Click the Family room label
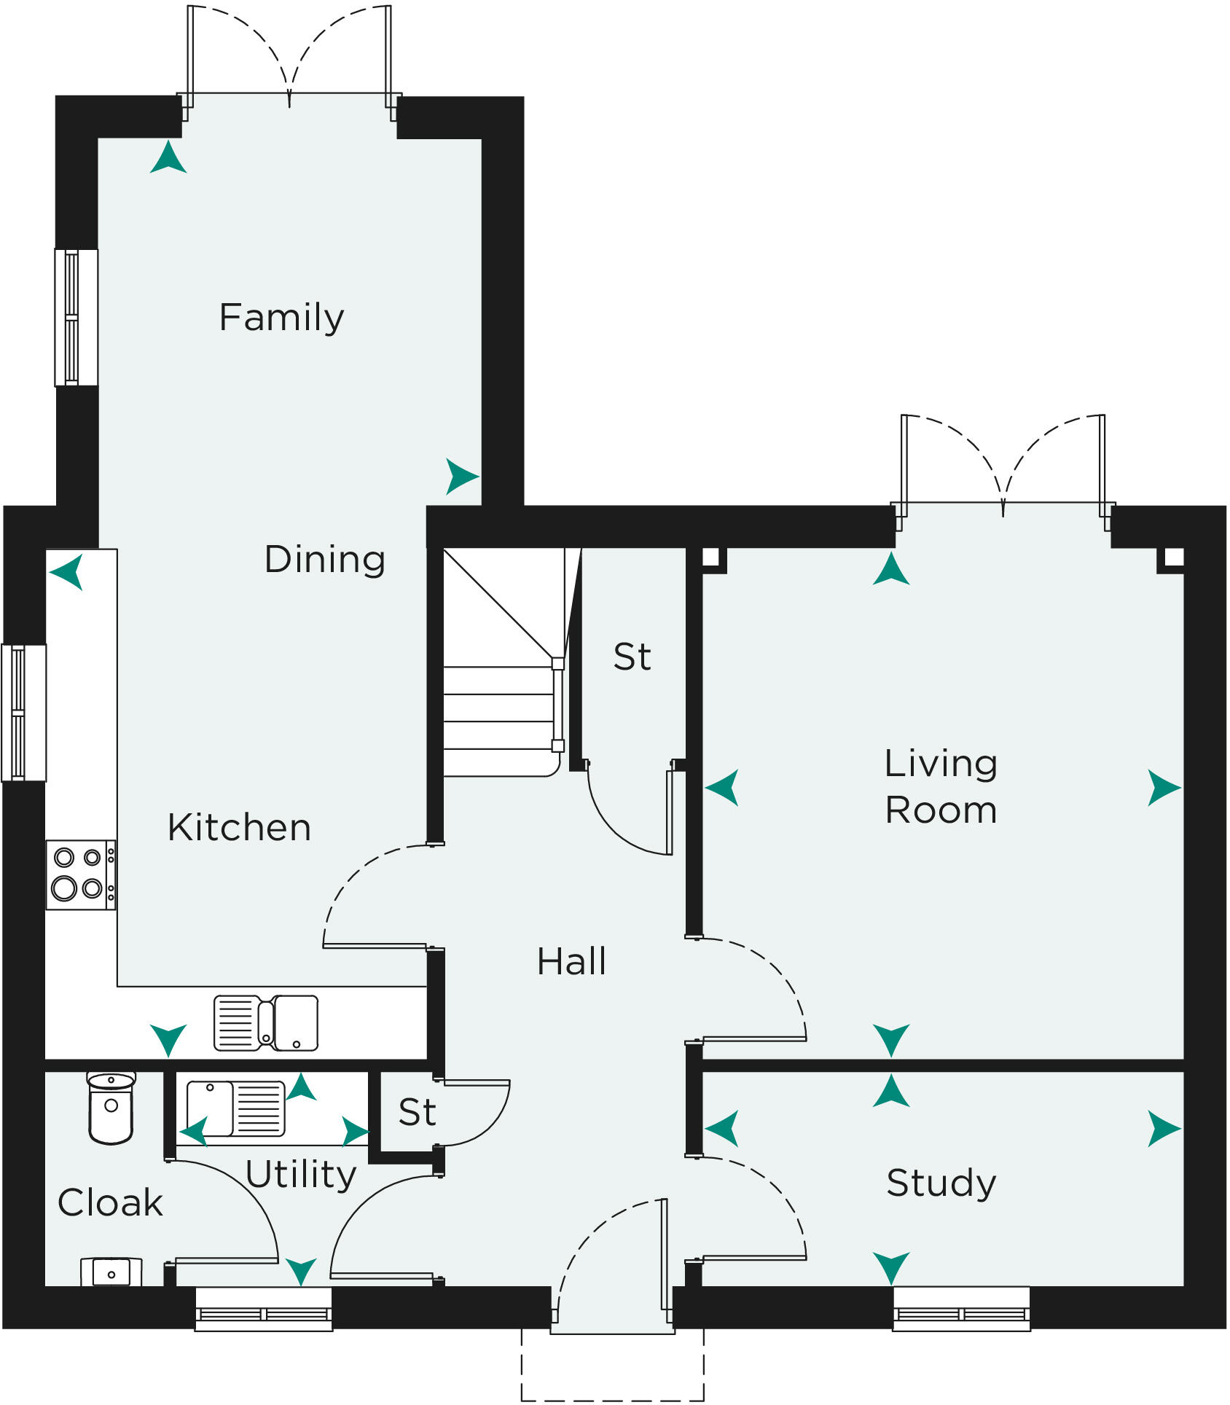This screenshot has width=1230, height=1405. (x=281, y=318)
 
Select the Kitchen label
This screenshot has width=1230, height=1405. (x=239, y=828)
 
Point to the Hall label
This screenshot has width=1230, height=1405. (x=571, y=962)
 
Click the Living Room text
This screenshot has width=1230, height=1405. (x=941, y=787)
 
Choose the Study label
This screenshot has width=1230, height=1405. (x=941, y=1183)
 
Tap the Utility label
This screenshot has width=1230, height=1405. (x=301, y=1175)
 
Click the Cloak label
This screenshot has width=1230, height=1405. (x=110, y=1203)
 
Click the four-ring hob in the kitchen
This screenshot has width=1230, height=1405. (x=81, y=874)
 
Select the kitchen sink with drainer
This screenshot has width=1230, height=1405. (x=266, y=1023)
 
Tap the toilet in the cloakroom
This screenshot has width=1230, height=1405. (x=111, y=1107)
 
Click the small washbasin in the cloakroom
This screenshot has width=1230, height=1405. (x=111, y=1272)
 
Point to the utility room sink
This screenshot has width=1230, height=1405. (x=235, y=1108)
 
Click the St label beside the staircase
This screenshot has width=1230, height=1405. (x=632, y=657)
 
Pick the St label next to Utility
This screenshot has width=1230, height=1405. (x=417, y=1113)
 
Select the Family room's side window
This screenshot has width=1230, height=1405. (x=76, y=318)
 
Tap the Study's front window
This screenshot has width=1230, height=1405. (x=962, y=1309)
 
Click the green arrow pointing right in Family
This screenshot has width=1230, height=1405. (x=462, y=477)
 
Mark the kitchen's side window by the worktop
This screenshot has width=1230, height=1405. (x=23, y=713)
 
